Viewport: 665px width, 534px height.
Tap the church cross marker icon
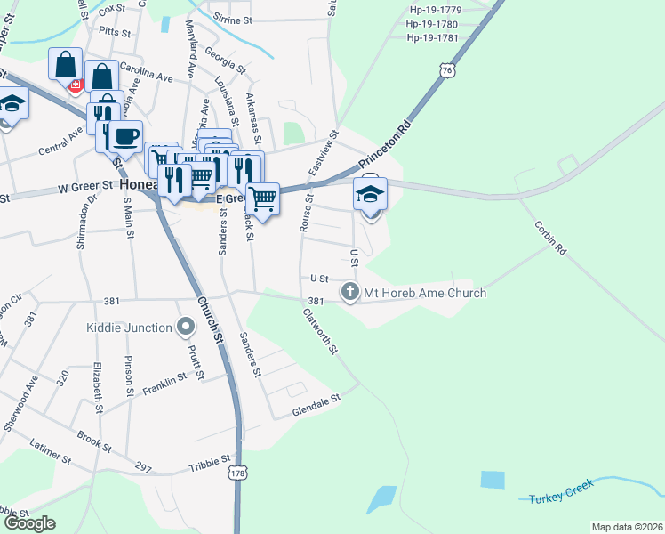(x=351, y=292)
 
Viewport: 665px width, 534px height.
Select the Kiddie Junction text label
(x=129, y=328)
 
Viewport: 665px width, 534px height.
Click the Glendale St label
(x=317, y=405)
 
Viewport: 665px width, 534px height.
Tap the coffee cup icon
(x=124, y=136)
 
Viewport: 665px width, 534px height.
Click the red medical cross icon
(x=76, y=85)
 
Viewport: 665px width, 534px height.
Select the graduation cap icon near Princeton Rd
(x=371, y=193)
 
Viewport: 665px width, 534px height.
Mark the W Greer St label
(x=86, y=187)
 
